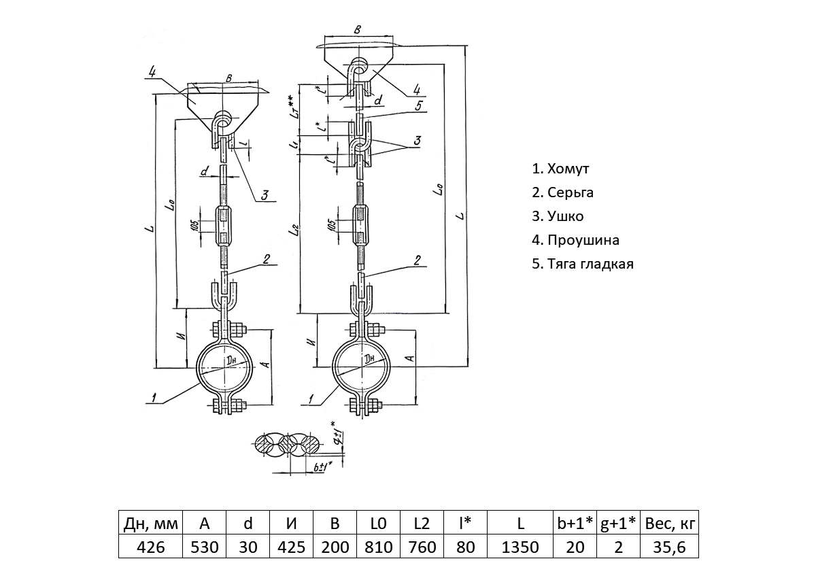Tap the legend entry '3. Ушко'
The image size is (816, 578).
(558, 216)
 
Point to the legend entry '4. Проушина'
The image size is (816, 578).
(575, 240)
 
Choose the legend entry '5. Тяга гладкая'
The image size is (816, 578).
(583, 264)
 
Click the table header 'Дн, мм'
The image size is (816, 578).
(151, 524)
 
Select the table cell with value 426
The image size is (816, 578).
(151, 547)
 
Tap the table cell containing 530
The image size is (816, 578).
(205, 547)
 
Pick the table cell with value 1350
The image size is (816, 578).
(520, 547)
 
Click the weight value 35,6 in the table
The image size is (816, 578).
(670, 547)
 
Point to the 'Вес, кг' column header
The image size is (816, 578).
(670, 524)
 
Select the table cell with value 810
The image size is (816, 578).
(379, 547)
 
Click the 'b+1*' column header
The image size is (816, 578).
(575, 524)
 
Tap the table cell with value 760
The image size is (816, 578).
(422, 547)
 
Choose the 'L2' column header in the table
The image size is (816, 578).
(422, 524)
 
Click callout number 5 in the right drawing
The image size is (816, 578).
(420, 105)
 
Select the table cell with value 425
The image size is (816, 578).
(292, 547)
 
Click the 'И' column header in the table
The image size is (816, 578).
(292, 524)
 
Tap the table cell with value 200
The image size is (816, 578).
(335, 547)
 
